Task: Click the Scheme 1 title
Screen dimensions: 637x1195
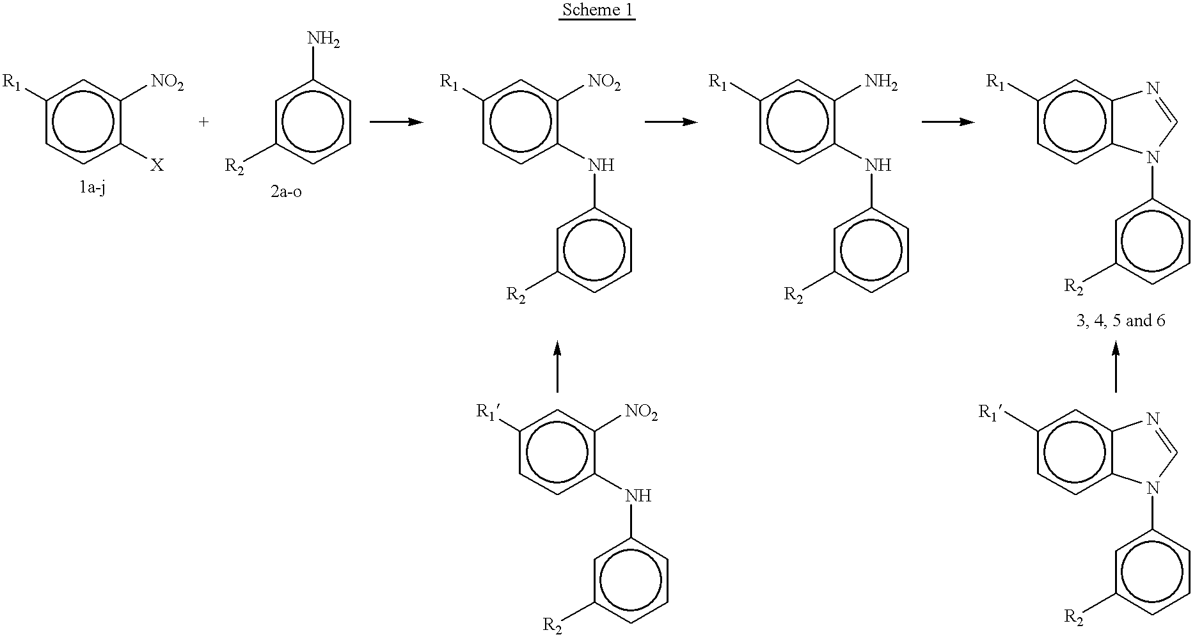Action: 597,12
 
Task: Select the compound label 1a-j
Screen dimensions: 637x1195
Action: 90,189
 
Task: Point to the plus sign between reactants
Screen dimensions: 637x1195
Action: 204,122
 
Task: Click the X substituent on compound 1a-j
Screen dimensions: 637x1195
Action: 157,166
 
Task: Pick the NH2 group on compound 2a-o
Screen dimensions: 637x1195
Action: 324,40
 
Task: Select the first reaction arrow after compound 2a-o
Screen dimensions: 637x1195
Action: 397,122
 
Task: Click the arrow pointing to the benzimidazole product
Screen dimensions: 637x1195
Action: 948,122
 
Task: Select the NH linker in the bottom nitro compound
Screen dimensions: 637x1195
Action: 637,496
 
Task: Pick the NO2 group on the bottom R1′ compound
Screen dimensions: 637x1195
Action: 642,413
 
